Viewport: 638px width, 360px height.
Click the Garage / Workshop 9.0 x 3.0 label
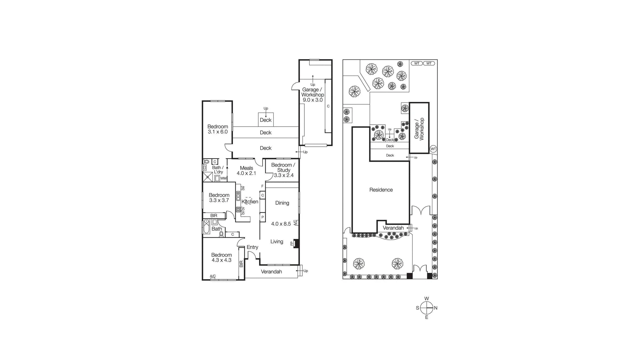coord(312,95)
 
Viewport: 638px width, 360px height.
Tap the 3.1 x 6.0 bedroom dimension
coord(217,132)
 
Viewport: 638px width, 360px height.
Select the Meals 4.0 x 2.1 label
coord(246,171)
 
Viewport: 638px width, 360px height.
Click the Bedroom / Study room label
coord(283,167)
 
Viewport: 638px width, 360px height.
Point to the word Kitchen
coord(250,202)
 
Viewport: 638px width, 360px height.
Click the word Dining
coord(282,203)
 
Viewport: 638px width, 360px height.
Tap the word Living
coord(277,242)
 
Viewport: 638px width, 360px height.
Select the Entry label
coord(252,247)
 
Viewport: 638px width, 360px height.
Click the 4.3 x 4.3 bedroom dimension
coord(221,260)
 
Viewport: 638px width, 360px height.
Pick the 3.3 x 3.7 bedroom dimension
coord(219,200)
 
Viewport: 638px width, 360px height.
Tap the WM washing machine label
coord(223,178)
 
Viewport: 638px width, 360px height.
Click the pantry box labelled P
coord(263,217)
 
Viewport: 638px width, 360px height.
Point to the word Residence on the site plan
coord(381,190)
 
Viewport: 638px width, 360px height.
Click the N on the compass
coord(436,308)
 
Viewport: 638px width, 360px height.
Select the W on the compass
coord(426,299)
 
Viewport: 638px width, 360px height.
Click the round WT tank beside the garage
coord(433,149)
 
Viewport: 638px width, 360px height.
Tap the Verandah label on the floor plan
coord(271,272)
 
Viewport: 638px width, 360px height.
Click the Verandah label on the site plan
coord(393,228)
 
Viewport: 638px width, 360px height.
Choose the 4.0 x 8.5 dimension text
coord(281,224)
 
